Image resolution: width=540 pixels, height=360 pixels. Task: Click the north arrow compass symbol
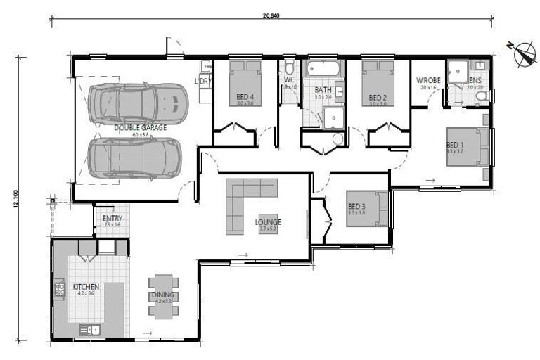coord(522,54)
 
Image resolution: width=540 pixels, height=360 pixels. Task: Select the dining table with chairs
coord(163,295)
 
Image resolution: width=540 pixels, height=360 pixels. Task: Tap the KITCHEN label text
coord(86,287)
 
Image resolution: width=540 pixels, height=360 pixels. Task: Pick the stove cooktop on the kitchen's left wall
coord(59,286)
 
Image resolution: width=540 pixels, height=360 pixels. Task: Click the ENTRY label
coord(112,219)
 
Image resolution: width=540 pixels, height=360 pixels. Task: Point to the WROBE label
coord(428,81)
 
